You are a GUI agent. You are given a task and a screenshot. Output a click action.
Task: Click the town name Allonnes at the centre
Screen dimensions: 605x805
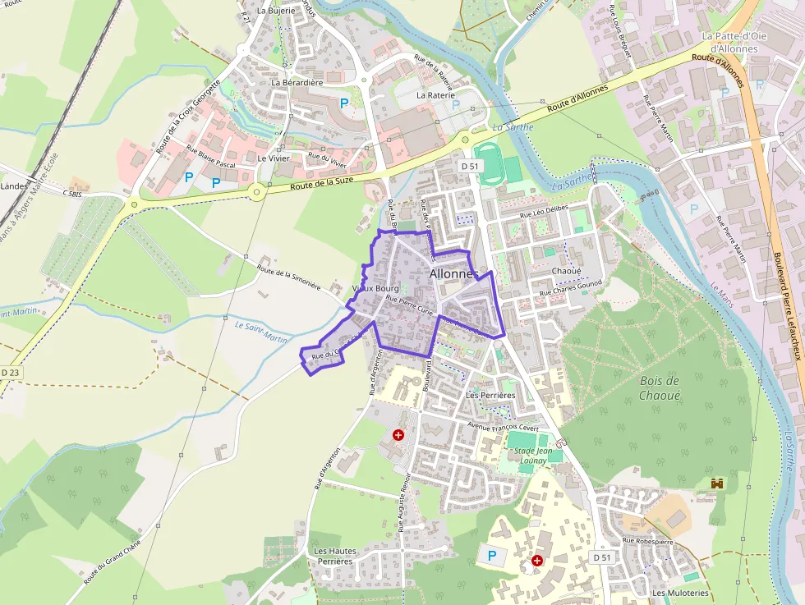click(x=453, y=273)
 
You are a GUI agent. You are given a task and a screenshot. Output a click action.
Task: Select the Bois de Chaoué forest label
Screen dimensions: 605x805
click(x=660, y=387)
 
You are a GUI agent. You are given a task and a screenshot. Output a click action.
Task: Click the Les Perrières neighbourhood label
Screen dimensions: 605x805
click(x=490, y=395)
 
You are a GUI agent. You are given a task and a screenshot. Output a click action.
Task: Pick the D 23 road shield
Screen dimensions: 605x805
click(x=10, y=373)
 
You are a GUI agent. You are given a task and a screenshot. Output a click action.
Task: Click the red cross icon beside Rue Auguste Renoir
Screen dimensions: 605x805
click(x=398, y=434)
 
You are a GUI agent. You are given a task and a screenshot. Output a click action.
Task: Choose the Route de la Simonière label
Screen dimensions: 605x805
click(x=287, y=276)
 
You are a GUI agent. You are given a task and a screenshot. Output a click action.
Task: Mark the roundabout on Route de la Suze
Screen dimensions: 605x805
click(x=257, y=193)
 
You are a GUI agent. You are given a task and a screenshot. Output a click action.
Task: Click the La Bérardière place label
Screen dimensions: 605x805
click(x=297, y=83)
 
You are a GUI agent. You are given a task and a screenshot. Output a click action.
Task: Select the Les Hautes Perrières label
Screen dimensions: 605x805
click(x=333, y=556)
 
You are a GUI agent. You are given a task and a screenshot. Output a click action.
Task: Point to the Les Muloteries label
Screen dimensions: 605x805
click(x=679, y=593)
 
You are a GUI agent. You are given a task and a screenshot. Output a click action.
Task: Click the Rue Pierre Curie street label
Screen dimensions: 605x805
click(x=409, y=305)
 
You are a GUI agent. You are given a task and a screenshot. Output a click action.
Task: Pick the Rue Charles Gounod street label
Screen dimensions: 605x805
click(x=570, y=288)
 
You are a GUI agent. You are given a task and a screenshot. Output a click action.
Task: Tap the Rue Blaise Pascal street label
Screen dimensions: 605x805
click(x=210, y=158)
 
